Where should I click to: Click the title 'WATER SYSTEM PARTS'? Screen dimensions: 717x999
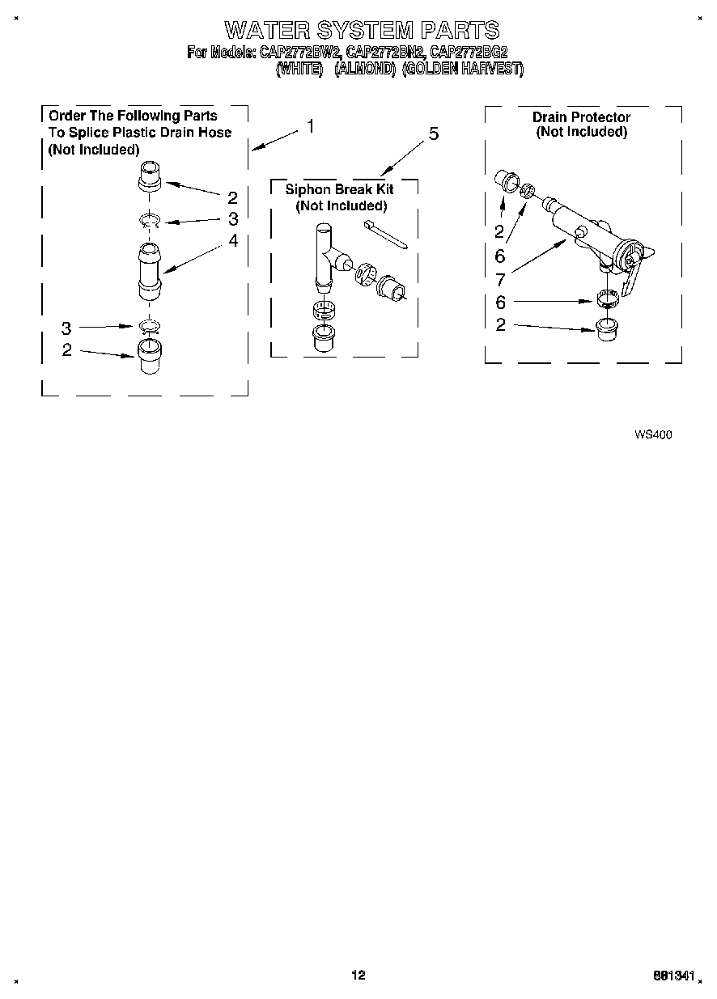coord(361,31)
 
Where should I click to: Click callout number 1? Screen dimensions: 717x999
coord(311,127)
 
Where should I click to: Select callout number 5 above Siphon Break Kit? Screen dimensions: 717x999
coord(433,134)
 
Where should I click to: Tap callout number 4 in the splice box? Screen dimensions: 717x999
coord(233,240)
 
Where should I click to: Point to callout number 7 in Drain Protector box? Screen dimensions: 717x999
coord(500,280)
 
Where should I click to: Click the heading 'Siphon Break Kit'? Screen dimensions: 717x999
coord(340,189)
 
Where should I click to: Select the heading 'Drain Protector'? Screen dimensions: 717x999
coord(581,117)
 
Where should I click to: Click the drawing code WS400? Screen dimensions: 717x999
coord(652,434)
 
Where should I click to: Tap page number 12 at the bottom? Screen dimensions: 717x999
coord(358,975)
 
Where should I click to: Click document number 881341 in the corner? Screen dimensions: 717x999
coord(673,976)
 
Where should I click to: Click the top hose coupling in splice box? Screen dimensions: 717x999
coord(151,176)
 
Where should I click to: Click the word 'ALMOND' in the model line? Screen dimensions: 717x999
coord(364,70)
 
